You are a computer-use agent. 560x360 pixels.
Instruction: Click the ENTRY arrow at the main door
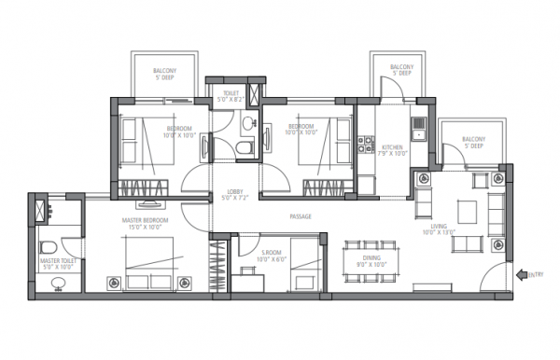click(x=520, y=273)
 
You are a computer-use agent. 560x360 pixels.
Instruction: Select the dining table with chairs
click(x=371, y=257)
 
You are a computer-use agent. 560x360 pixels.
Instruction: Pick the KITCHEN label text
click(x=391, y=150)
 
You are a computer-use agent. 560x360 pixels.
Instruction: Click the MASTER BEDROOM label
click(x=145, y=224)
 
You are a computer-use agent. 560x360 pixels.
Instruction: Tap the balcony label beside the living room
click(x=471, y=143)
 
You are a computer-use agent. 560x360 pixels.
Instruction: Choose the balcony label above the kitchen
click(x=401, y=71)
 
